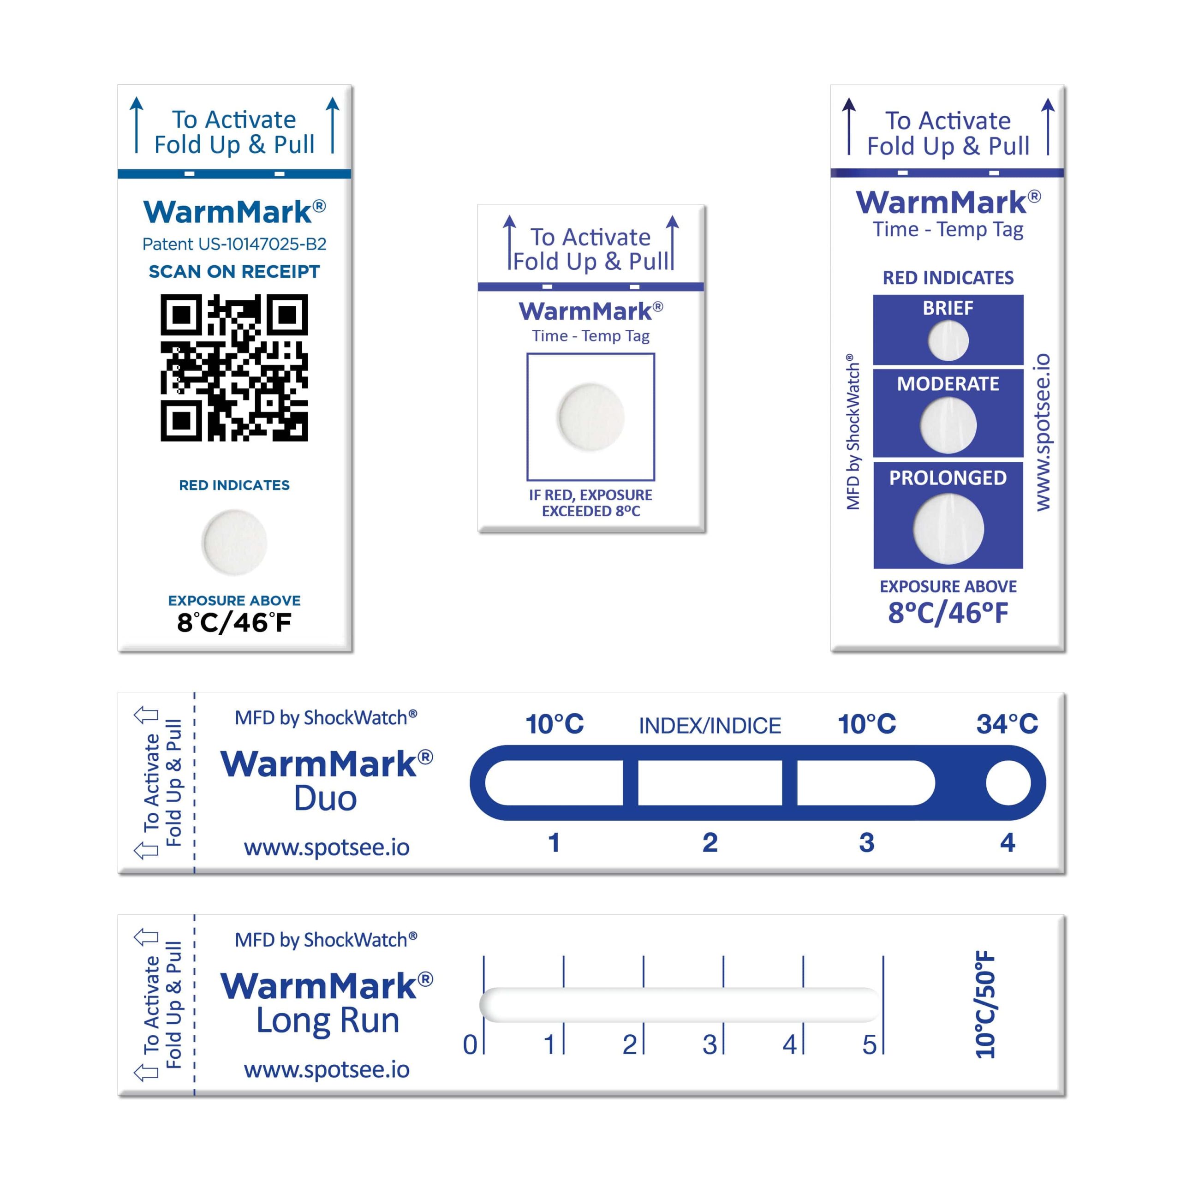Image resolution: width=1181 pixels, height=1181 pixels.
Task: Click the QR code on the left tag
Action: pyautogui.click(x=234, y=367)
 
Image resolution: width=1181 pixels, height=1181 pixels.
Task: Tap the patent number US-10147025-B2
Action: pyautogui.click(x=234, y=244)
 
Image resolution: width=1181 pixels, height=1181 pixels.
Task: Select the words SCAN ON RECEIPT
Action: pyautogui.click(x=234, y=271)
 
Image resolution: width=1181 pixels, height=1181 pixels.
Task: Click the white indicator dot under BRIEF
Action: pyautogui.click(x=948, y=340)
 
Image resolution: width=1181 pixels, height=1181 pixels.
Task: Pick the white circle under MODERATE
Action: pyautogui.click(x=948, y=425)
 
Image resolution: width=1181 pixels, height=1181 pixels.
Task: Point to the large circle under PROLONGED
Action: pyautogui.click(x=948, y=529)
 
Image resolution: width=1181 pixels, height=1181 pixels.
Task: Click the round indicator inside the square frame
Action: pyautogui.click(x=590, y=417)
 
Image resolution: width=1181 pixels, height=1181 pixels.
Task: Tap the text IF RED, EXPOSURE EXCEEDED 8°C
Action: pyautogui.click(x=590, y=502)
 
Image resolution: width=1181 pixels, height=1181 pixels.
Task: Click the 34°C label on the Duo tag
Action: pyautogui.click(x=1007, y=724)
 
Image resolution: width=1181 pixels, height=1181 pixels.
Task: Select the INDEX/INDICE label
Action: pyautogui.click(x=710, y=726)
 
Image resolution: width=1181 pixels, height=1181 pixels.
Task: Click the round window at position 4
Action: pyautogui.click(x=1008, y=783)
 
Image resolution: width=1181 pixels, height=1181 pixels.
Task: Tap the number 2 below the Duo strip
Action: pyautogui.click(x=710, y=842)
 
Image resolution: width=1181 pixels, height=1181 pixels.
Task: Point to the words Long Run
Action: pyautogui.click(x=328, y=1020)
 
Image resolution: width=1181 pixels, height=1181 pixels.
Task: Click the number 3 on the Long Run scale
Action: pyautogui.click(x=709, y=1045)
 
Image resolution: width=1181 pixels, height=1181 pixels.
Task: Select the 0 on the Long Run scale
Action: pyautogui.click(x=470, y=1045)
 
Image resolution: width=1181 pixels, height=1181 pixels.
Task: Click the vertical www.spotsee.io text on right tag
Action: pyautogui.click(x=1043, y=431)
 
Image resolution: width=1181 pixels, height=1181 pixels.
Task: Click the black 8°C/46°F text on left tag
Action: pyautogui.click(x=234, y=623)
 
